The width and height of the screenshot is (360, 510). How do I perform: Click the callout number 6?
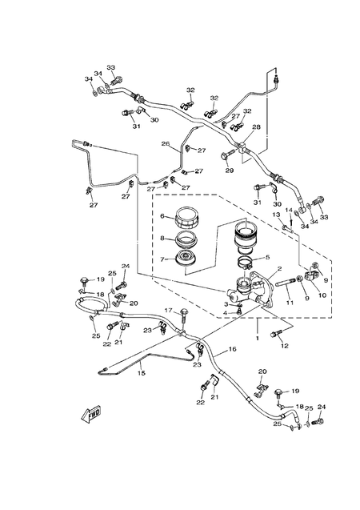(x=162, y=216)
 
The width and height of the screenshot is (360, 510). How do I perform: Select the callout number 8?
(x=162, y=238)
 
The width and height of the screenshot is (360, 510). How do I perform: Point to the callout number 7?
(x=162, y=259)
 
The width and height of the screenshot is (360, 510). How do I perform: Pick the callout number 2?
(x=278, y=270)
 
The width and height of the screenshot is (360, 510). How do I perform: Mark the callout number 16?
(x=233, y=350)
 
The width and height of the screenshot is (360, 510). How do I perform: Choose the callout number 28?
(x=256, y=126)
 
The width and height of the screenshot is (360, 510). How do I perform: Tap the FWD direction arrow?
(x=90, y=415)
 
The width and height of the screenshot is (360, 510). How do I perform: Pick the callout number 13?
(x=274, y=215)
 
